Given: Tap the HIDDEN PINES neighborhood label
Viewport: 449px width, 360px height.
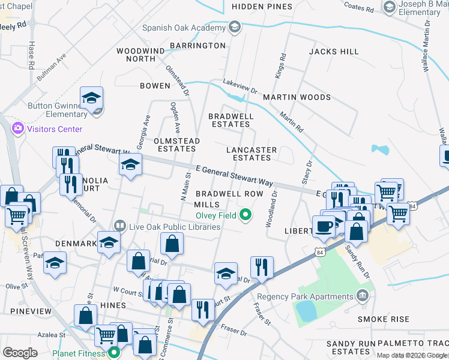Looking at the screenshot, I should tap(262, 7).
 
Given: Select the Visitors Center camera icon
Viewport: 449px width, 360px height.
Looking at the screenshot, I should tap(18, 128).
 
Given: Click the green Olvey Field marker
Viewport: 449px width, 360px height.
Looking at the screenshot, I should tap(246, 214).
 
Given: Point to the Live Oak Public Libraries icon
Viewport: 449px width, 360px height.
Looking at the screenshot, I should tap(120, 226).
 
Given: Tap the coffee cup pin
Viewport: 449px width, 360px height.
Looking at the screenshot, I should tap(324, 226).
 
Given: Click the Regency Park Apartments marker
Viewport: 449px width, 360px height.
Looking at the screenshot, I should tap(361, 296).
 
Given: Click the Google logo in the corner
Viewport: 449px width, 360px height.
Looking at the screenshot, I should tap(20, 353).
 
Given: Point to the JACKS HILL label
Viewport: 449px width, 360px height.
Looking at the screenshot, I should tap(333, 52).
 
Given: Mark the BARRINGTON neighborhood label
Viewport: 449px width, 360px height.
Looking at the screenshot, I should tap(197, 46).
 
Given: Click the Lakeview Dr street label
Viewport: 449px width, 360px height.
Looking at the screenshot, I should tap(240, 86).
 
